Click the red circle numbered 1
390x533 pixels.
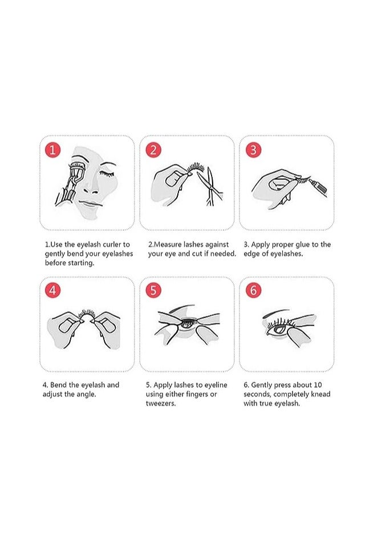[52, 150]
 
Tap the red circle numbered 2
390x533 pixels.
[152, 150]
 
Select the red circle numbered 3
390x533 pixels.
[253, 150]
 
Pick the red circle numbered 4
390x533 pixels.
[52, 290]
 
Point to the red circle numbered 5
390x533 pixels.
[152, 290]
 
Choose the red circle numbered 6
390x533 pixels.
[253, 290]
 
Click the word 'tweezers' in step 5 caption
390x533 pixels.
[161, 403]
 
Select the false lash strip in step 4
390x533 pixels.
[86, 314]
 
